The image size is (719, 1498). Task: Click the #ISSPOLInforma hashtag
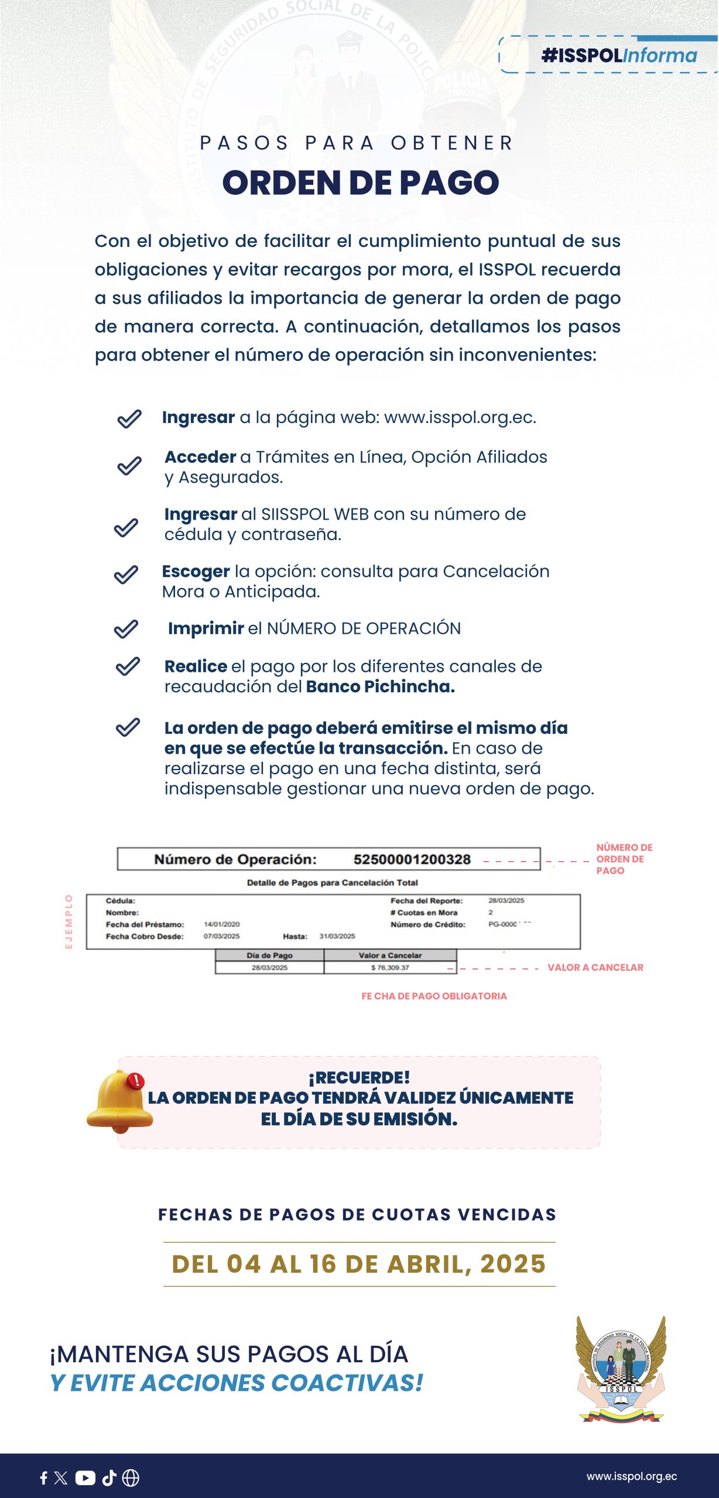coord(619,56)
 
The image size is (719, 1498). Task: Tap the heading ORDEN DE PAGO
coord(361,183)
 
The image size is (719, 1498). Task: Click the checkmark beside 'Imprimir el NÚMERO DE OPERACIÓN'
coord(126,629)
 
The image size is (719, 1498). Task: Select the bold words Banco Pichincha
coord(380,686)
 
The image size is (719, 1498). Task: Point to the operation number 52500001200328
coord(412,859)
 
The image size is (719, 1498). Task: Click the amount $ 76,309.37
coord(390,967)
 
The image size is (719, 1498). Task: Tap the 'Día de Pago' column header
coord(269,955)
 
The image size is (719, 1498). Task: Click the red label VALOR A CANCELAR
coord(595,967)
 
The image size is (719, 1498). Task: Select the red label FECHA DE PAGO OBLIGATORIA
coord(434,996)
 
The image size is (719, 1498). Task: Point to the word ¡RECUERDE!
coord(359,1077)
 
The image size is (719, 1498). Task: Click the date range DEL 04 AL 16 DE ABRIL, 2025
coord(359,1264)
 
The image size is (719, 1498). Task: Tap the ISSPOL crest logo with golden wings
coord(621,1369)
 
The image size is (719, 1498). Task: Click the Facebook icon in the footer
coord(43,1478)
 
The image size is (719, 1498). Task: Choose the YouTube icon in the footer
coord(85,1478)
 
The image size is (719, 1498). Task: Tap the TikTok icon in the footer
coord(109,1478)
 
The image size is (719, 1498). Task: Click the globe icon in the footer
coord(131,1478)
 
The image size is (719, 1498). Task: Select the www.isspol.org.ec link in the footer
coord(631,1476)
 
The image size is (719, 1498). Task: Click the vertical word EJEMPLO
coord(69,921)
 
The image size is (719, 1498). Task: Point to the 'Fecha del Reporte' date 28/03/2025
coord(506,901)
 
